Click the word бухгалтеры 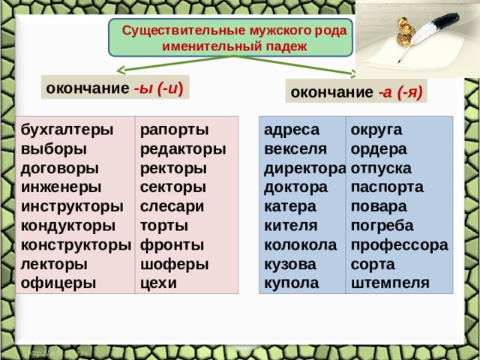(x=67, y=130)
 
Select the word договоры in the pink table (x=60, y=169)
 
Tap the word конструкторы (x=76, y=245)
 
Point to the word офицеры (x=58, y=283)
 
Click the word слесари (x=172, y=207)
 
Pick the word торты (x=164, y=226)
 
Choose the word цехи (x=158, y=283)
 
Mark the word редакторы (x=183, y=150)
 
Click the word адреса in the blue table (x=292, y=130)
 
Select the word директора (x=305, y=169)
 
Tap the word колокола (x=300, y=245)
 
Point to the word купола (x=292, y=283)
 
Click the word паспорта (x=387, y=187)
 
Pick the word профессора (x=400, y=245)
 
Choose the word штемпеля (x=390, y=283)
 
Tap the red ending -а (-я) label (x=400, y=91)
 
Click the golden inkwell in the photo (x=406, y=31)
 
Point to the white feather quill (x=428, y=36)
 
